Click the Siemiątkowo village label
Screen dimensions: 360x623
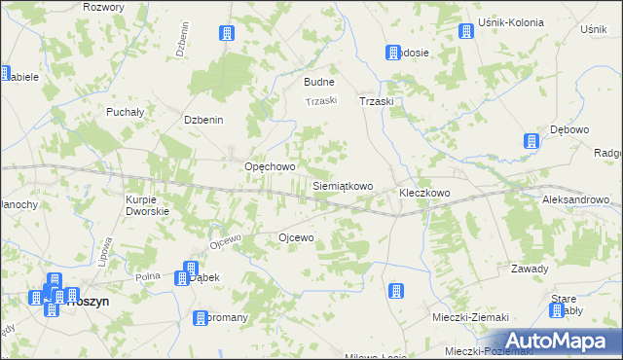(x=343, y=185)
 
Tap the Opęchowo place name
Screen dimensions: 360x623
(x=270, y=166)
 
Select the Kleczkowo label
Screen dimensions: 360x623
(x=424, y=193)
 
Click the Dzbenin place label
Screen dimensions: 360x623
(x=204, y=120)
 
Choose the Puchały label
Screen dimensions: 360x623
(x=126, y=112)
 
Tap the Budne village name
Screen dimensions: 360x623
(x=319, y=83)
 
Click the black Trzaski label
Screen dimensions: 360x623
(x=376, y=101)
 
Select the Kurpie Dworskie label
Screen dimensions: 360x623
(x=148, y=205)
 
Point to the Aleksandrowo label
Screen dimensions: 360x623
(x=575, y=198)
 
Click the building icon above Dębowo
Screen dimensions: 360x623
(x=531, y=142)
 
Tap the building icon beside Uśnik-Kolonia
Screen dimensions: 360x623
(x=465, y=31)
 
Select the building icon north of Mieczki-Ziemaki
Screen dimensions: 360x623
(x=396, y=291)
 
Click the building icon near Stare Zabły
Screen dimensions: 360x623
(x=557, y=310)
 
